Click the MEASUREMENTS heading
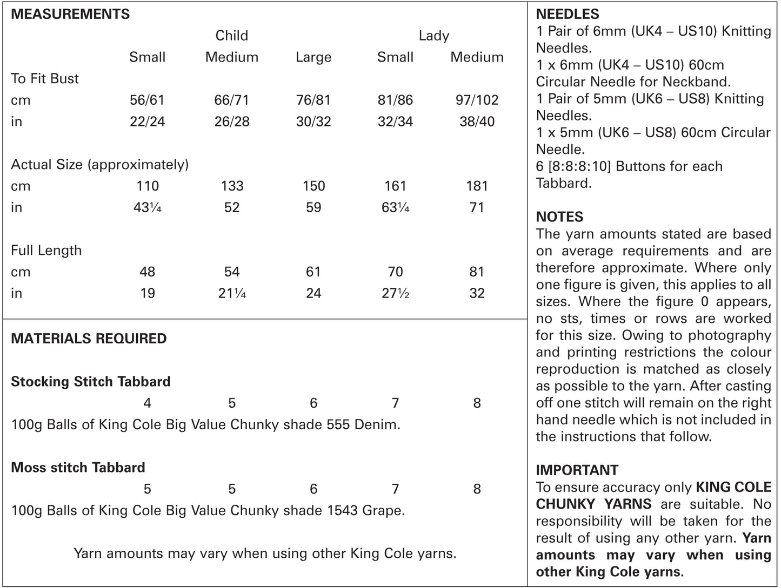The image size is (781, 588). click(x=70, y=14)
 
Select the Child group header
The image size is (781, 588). click(x=231, y=36)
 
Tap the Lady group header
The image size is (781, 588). click(x=433, y=36)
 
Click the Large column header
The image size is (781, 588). click(x=313, y=57)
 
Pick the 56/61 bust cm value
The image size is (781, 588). click(x=147, y=100)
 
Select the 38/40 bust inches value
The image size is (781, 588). click(x=477, y=121)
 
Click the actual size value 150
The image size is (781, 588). click(x=313, y=186)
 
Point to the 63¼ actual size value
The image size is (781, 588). click(x=395, y=207)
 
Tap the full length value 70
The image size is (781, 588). click(x=395, y=272)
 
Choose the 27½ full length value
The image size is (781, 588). click(x=395, y=293)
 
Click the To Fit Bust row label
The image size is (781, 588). click(x=45, y=79)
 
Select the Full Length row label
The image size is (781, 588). click(x=46, y=251)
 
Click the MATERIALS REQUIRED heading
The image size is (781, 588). click(x=89, y=339)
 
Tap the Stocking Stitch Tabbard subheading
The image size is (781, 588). click(x=90, y=382)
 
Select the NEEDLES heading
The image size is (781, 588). click(x=568, y=14)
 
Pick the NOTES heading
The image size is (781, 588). click(x=559, y=217)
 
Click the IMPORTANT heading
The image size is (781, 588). click(x=577, y=470)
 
